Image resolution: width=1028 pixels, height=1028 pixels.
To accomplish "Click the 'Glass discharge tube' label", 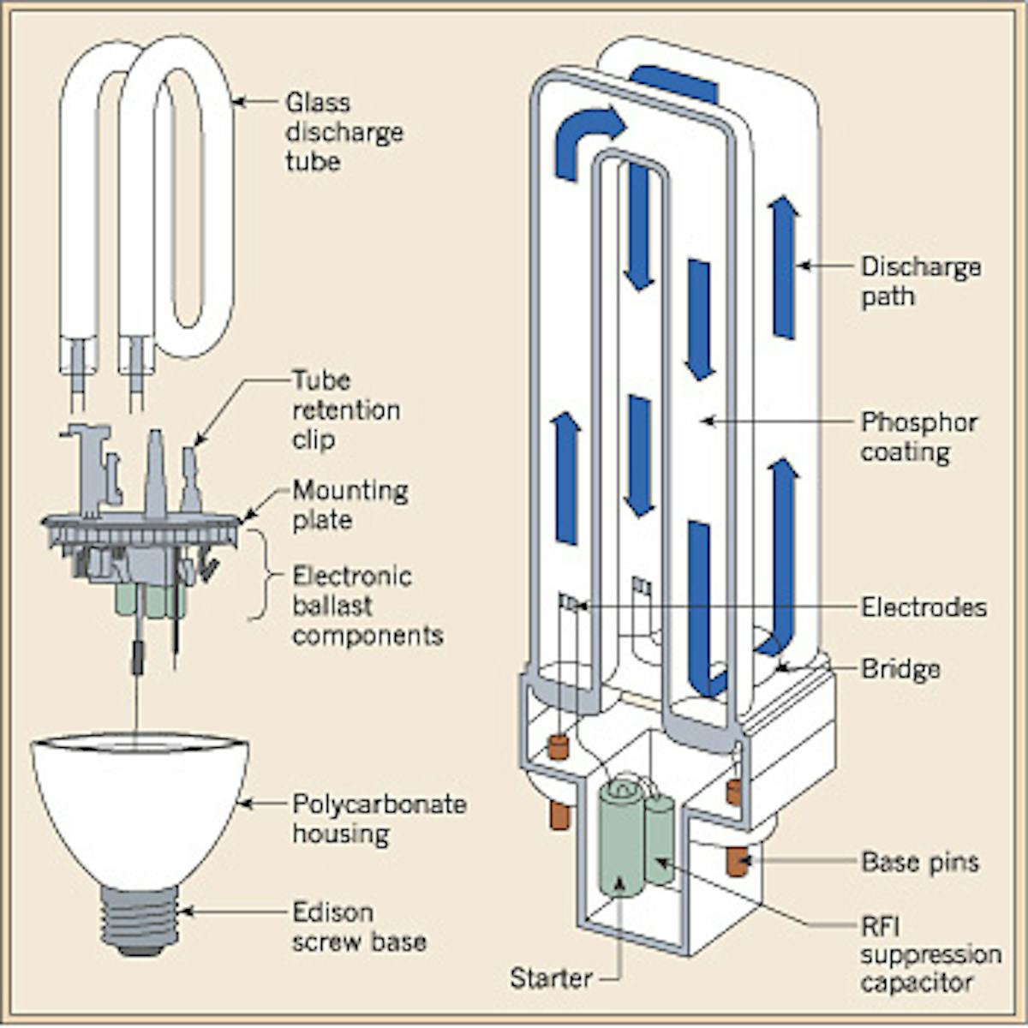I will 343,132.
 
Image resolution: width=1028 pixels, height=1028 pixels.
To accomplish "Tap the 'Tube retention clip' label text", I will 345,409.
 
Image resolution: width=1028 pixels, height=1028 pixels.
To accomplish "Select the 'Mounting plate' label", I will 350,505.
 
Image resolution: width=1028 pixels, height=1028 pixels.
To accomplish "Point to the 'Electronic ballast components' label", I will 367,605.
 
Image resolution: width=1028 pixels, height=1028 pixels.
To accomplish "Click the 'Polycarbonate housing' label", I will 379,818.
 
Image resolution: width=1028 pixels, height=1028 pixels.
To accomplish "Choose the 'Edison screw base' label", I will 358,926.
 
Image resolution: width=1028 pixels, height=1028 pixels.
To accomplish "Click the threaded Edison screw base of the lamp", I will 140,918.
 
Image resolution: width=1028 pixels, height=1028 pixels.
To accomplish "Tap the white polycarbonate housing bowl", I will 140,805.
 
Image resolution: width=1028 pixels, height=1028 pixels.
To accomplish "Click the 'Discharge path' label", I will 920,281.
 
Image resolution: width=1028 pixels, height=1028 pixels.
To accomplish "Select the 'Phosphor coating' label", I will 918,437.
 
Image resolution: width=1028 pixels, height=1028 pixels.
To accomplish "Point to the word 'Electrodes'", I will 923,607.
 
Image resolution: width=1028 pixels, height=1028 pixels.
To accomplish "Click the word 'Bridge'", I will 899,668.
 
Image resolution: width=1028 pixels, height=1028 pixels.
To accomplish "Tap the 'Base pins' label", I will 919,861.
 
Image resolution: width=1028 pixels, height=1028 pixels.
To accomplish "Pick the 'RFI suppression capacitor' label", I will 929,954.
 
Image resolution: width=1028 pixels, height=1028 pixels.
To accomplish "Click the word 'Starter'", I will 550,977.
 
